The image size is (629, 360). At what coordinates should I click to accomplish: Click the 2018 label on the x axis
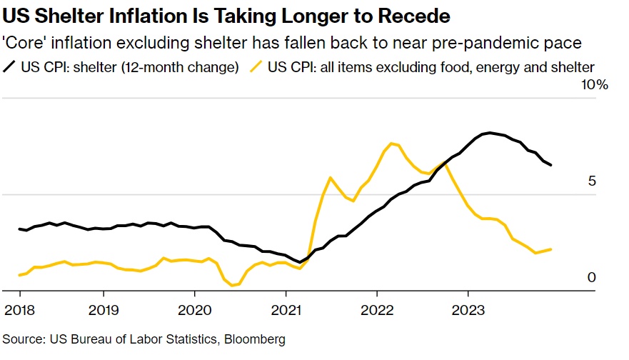[x=20, y=311]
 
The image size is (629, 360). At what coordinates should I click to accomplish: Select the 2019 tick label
[x=104, y=311]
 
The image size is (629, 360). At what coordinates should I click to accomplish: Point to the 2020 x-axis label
[x=194, y=311]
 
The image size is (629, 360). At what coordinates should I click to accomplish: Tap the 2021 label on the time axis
[x=286, y=311]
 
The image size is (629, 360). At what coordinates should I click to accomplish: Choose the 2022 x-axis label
[x=376, y=311]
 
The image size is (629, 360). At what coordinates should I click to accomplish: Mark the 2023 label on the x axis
[x=468, y=311]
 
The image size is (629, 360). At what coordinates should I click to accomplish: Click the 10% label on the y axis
[x=595, y=86]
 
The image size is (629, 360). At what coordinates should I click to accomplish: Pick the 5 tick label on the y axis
[x=592, y=181]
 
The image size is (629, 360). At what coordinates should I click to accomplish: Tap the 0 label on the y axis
[x=592, y=277]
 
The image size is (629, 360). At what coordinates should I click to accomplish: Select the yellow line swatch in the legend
[x=256, y=68]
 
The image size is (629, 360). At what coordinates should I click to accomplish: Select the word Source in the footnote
[x=21, y=339]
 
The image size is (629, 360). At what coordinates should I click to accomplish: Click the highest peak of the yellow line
[x=392, y=143]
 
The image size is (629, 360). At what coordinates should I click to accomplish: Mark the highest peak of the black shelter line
[x=489, y=132]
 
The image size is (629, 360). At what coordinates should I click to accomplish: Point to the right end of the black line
[x=551, y=165]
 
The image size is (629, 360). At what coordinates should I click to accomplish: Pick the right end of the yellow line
[x=551, y=249]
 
